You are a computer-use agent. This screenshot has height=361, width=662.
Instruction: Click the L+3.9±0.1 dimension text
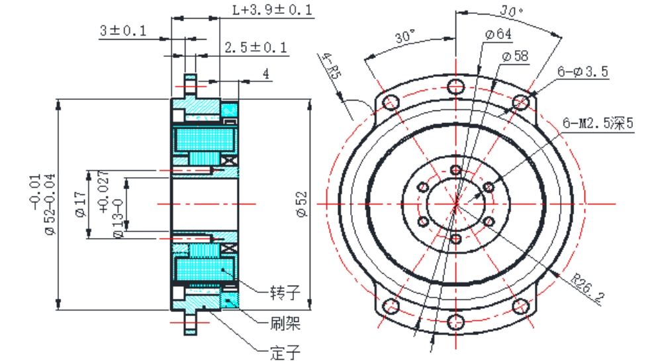pyautogui.click(x=272, y=10)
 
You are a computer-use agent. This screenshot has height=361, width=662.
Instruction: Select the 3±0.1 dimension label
pyautogui.click(x=123, y=31)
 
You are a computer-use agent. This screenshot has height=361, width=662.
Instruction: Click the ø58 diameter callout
pyautogui.click(x=514, y=57)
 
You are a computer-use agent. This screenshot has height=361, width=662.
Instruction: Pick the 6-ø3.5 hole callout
pyautogui.click(x=583, y=71)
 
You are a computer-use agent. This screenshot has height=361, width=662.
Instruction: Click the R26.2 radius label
pyautogui.click(x=589, y=289)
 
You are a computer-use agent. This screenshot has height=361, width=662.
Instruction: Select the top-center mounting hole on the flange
pyautogui.click(x=455, y=86)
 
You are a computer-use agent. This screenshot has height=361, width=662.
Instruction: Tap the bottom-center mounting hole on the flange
pyautogui.click(x=455, y=322)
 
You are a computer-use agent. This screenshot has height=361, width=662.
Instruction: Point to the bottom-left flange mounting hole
pyautogui.click(x=391, y=306)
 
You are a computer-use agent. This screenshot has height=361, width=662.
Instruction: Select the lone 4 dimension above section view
pyautogui.click(x=265, y=75)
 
